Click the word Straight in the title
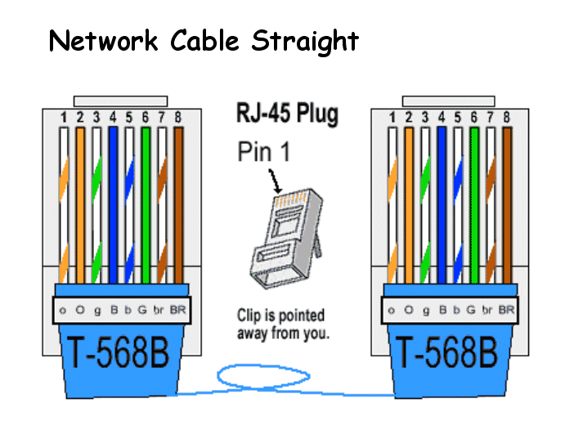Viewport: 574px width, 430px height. (x=305, y=42)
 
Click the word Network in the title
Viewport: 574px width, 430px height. (x=103, y=40)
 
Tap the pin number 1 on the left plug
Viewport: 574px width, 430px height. (x=64, y=118)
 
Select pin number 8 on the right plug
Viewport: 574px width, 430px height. (x=507, y=118)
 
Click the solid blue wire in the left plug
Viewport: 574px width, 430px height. (x=113, y=205)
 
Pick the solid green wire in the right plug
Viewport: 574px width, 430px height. (x=474, y=205)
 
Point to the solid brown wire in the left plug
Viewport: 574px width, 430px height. (x=178, y=205)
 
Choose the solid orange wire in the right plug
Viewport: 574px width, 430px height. (x=409, y=205)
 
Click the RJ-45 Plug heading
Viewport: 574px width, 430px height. (x=287, y=114)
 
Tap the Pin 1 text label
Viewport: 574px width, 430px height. (x=264, y=151)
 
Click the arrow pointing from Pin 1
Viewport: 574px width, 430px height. (x=276, y=181)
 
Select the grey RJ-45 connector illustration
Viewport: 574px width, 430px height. (x=286, y=238)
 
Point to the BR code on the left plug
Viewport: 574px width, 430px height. (x=178, y=310)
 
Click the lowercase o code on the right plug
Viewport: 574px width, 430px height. (x=391, y=311)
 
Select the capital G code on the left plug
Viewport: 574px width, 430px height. (x=142, y=310)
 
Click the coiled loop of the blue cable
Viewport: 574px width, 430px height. (x=263, y=376)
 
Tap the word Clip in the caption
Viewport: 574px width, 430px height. (x=249, y=316)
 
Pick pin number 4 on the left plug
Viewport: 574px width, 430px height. (x=113, y=118)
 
